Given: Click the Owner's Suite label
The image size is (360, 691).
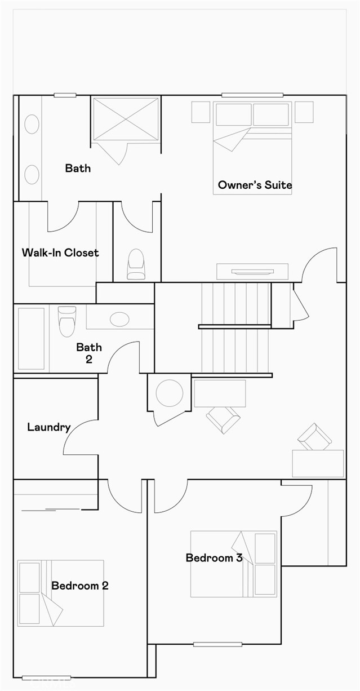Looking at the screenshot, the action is (x=255, y=185).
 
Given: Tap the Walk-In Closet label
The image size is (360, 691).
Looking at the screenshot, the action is (x=60, y=253).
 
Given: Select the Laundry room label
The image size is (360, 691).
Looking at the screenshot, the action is (x=49, y=427).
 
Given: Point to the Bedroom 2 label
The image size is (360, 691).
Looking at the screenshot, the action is (x=80, y=586).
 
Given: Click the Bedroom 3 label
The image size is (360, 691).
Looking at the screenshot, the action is (x=214, y=558).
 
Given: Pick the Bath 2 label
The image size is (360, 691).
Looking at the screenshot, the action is (x=89, y=353).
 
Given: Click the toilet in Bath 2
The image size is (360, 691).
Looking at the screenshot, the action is (x=67, y=321).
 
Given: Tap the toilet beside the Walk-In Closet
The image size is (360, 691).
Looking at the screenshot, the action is (x=136, y=264).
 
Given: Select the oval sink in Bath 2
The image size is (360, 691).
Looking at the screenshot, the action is (x=119, y=319).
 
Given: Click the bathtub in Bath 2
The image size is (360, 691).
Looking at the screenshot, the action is (x=31, y=338).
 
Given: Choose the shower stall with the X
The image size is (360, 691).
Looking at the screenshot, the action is (x=126, y=119).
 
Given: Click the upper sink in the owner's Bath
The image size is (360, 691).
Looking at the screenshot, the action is (x=32, y=124).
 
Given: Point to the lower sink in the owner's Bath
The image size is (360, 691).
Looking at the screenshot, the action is (x=32, y=175).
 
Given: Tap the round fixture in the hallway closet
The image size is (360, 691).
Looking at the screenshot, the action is (x=170, y=393).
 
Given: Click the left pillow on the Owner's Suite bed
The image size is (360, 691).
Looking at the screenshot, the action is (x=234, y=114).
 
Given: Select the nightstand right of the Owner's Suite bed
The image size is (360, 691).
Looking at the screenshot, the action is (x=304, y=112).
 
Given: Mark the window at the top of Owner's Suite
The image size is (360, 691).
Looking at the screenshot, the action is (x=252, y=95).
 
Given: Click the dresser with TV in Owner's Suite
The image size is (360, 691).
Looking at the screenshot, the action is (x=252, y=272).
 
